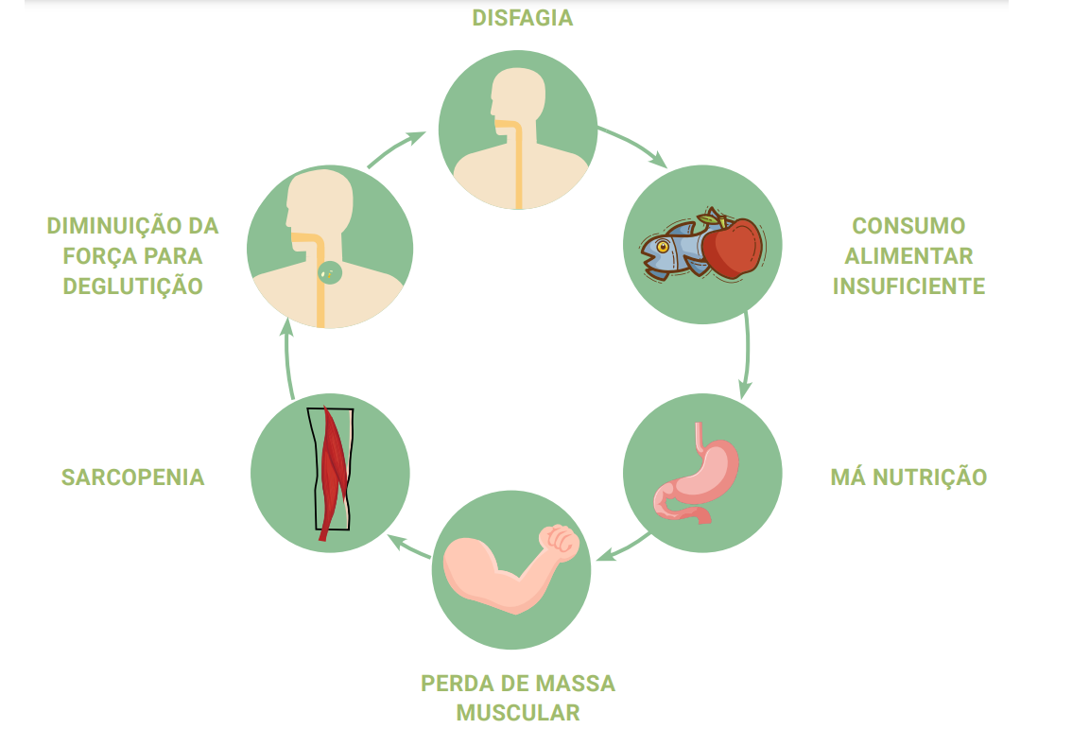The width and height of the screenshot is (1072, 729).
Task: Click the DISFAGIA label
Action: [523, 18]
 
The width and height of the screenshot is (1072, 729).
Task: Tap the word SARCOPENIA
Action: [133, 477]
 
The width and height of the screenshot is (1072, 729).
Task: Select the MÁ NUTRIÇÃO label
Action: [908, 477]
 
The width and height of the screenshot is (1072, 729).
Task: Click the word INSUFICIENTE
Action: [908, 286]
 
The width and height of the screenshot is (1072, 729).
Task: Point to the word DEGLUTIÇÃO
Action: [133, 286]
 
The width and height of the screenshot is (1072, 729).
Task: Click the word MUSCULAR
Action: [518, 712]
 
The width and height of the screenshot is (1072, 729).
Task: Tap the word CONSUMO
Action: [908, 226]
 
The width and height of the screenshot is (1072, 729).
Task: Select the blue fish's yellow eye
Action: [663, 248]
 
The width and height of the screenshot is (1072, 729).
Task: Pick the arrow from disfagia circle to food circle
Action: [633, 146]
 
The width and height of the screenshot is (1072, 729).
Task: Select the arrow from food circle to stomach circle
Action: [747, 355]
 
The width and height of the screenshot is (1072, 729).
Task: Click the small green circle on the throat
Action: [330, 272]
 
